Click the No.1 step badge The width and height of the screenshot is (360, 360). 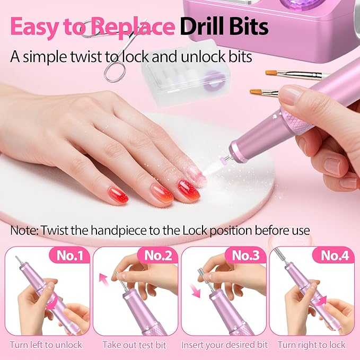click(x=69, y=256)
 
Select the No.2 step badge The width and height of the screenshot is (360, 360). click(x=159, y=256)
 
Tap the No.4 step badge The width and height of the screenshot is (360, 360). click(x=335, y=256)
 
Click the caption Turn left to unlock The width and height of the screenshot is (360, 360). click(x=46, y=345)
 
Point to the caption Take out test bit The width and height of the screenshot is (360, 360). click(x=134, y=345)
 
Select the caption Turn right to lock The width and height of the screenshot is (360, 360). click(x=311, y=345)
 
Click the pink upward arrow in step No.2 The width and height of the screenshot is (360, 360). click(x=103, y=279)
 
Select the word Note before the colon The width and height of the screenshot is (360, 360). click(x=22, y=231)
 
